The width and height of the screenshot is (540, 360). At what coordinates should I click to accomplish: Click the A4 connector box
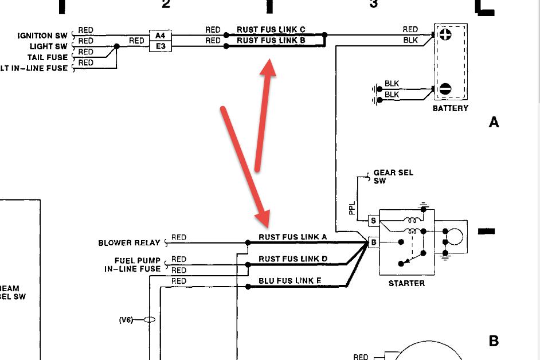tap(160, 36)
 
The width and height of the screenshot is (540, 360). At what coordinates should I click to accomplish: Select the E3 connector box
tap(160, 46)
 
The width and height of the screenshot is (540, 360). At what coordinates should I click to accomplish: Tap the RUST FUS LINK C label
tap(271, 30)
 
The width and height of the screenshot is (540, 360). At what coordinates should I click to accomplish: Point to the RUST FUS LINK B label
tap(271, 41)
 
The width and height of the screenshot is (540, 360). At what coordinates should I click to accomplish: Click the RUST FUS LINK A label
tap(292, 237)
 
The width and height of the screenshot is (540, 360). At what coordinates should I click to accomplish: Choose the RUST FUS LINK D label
tap(292, 259)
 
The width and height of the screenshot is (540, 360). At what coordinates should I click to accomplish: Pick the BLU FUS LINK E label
tap(291, 281)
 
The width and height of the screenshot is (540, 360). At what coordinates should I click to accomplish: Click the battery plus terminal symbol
tap(445, 35)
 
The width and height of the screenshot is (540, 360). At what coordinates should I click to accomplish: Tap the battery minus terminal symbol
tap(445, 89)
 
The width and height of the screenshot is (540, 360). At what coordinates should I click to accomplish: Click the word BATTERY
tap(450, 108)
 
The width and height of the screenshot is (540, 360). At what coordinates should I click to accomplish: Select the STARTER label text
tap(406, 283)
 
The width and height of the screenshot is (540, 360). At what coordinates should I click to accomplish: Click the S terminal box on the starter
tap(373, 221)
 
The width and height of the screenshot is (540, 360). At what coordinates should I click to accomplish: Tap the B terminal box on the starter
tap(373, 242)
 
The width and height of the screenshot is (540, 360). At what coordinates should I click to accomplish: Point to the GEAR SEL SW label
tap(393, 177)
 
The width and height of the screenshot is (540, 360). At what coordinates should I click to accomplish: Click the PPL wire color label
tap(352, 208)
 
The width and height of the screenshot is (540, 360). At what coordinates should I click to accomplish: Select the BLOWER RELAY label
tap(130, 243)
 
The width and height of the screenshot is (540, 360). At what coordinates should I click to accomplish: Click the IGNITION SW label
tap(42, 36)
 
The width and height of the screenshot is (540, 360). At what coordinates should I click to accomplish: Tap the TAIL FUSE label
tap(47, 57)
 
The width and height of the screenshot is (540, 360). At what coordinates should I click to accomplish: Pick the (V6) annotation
tap(126, 320)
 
